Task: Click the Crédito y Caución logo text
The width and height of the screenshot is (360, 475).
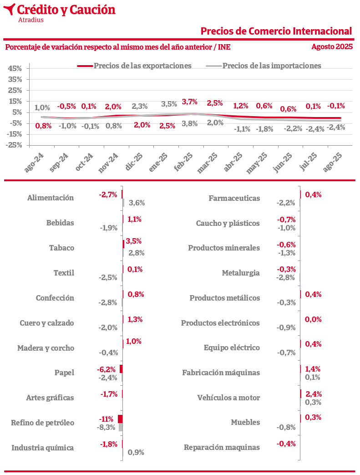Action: tap(66, 9)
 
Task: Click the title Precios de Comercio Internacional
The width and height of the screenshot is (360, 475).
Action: tap(276, 31)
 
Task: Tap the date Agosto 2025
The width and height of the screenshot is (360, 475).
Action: tap(332, 46)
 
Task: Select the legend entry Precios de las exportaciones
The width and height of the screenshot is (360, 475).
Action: tap(142, 66)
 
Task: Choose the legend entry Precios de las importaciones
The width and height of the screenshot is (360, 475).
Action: tap(272, 66)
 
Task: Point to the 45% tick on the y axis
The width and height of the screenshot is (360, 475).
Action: tap(15, 69)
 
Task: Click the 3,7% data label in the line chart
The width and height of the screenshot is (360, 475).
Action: tap(189, 102)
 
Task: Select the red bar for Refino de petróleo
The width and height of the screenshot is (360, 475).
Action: tap(120, 419)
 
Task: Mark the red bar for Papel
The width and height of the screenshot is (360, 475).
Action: tap(121, 369)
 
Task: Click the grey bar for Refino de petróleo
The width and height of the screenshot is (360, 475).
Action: tap(121, 427)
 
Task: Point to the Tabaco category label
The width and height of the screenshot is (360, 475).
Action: tap(61, 248)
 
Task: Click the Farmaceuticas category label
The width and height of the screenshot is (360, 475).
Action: tap(234, 198)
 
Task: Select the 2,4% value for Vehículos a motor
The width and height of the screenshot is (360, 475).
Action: tap(314, 394)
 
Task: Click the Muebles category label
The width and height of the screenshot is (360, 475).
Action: tap(245, 422)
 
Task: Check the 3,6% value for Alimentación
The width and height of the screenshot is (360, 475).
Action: tap(137, 203)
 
